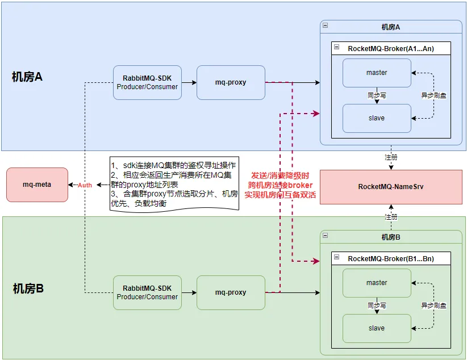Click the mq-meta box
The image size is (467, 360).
coord(37,185)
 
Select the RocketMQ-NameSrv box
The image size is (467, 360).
coord(391,186)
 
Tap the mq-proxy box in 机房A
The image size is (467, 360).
coord(231,82)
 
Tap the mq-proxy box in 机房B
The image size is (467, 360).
coord(231,292)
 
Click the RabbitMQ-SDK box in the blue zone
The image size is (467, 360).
coord(147,82)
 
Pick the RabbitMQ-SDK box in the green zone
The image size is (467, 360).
coord(147,292)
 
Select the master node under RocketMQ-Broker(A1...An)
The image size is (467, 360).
coord(377,73)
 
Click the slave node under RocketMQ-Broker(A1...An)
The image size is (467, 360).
coord(377,118)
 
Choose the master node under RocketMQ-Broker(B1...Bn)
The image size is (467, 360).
coord(377,283)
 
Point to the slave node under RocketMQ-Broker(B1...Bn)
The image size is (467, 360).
coord(377,328)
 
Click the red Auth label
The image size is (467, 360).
coord(85,185)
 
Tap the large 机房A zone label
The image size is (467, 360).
coord(27,77)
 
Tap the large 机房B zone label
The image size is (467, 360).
coord(28,288)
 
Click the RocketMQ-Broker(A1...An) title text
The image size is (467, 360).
coord(391,49)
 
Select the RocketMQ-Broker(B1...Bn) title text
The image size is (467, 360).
coord(391,259)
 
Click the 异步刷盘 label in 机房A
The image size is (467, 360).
coord(433,95)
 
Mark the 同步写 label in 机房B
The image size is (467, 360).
coord(377,305)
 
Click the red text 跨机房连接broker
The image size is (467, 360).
coord(280,185)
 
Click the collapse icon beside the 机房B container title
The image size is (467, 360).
coord(325,235)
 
